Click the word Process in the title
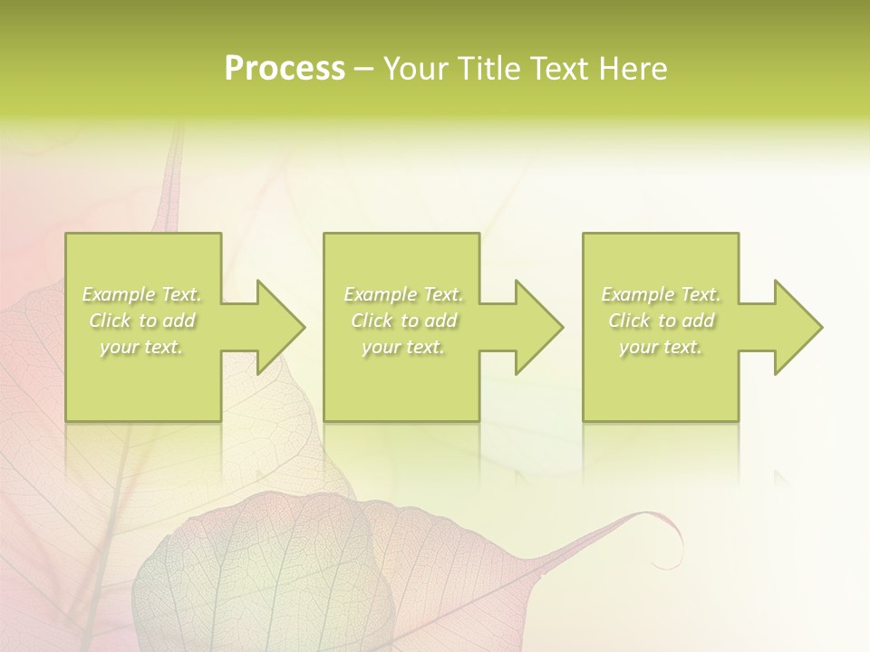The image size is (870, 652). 285,69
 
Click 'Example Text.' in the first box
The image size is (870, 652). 142,294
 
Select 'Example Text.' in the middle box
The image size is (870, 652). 403,294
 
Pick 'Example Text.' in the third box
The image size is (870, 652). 661,294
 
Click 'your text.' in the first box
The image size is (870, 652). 142,347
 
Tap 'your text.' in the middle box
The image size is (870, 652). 403,347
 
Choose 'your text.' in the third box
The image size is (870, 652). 661,347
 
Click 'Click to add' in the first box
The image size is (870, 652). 142,321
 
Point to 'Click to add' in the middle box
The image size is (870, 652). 403,321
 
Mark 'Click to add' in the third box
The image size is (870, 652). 661,321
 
